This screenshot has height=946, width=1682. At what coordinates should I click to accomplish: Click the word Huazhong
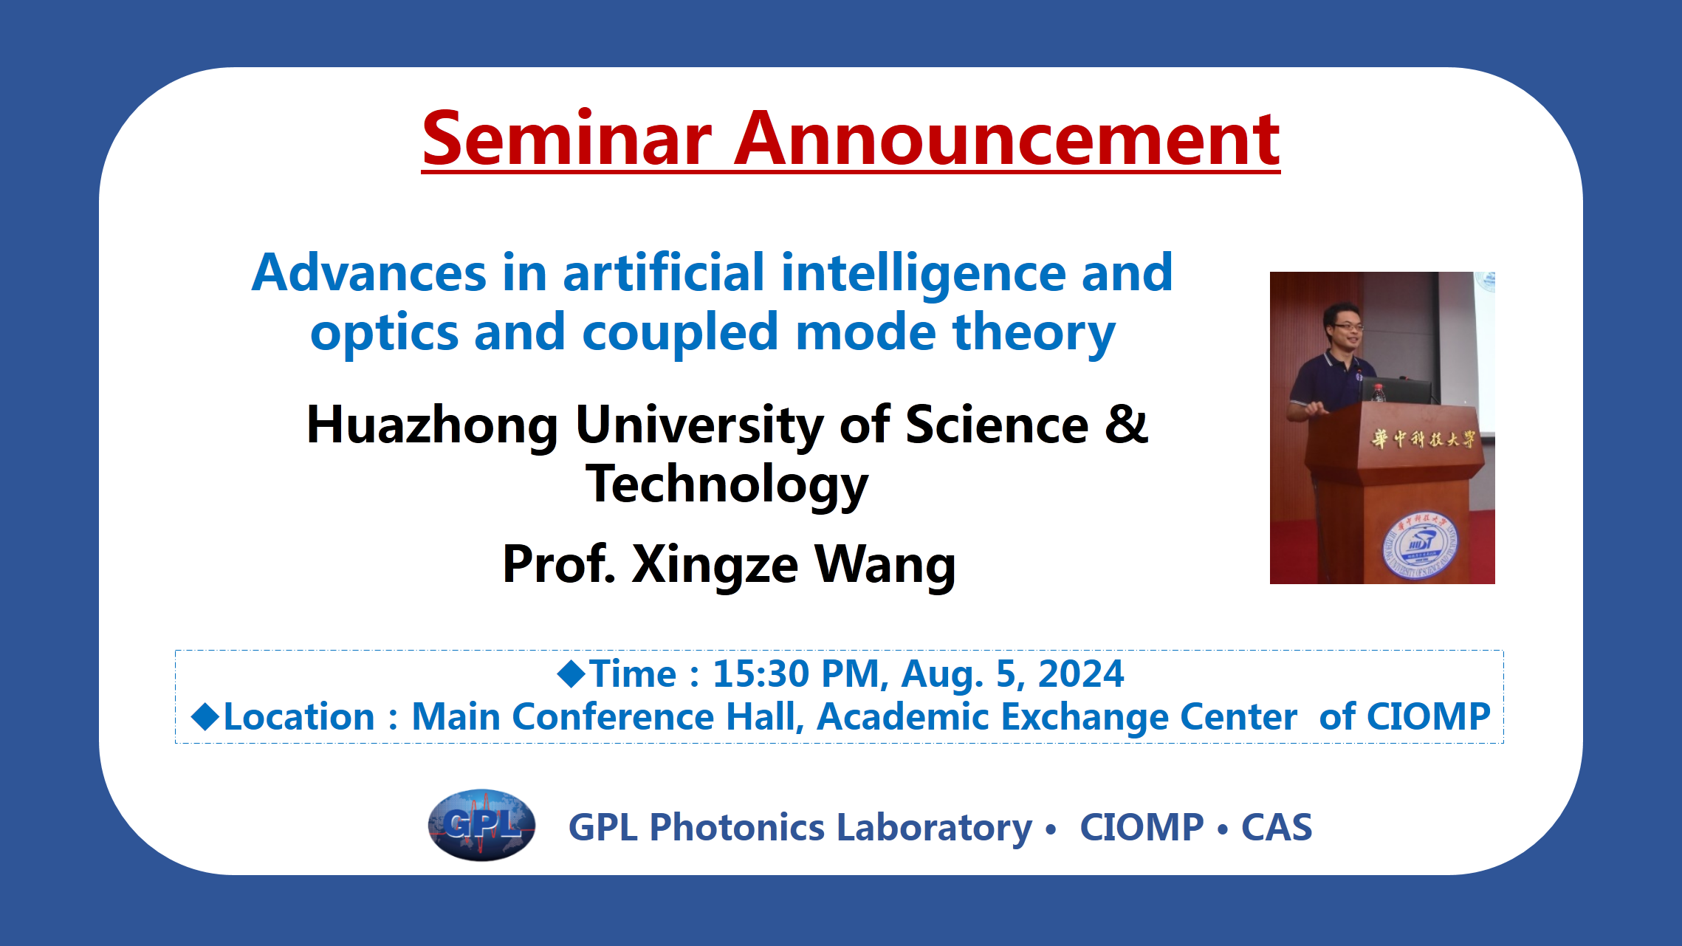pos(433,426)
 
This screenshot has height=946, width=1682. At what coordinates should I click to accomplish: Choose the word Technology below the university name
pos(727,485)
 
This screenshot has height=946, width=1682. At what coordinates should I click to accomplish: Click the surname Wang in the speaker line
pos(885,564)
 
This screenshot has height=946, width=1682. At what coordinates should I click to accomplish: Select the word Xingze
pos(715,565)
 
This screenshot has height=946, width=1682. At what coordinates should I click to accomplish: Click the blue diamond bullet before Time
pos(571,673)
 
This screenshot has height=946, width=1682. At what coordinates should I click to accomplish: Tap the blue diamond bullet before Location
pos(205,717)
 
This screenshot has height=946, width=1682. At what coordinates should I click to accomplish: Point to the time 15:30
pos(761,673)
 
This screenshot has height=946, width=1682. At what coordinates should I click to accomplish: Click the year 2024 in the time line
pos(1081,673)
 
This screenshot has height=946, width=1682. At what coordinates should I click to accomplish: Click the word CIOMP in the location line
pos(1429,716)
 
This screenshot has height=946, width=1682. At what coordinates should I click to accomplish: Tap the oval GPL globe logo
pos(481,825)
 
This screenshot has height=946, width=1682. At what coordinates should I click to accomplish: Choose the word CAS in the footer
pos(1277,827)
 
